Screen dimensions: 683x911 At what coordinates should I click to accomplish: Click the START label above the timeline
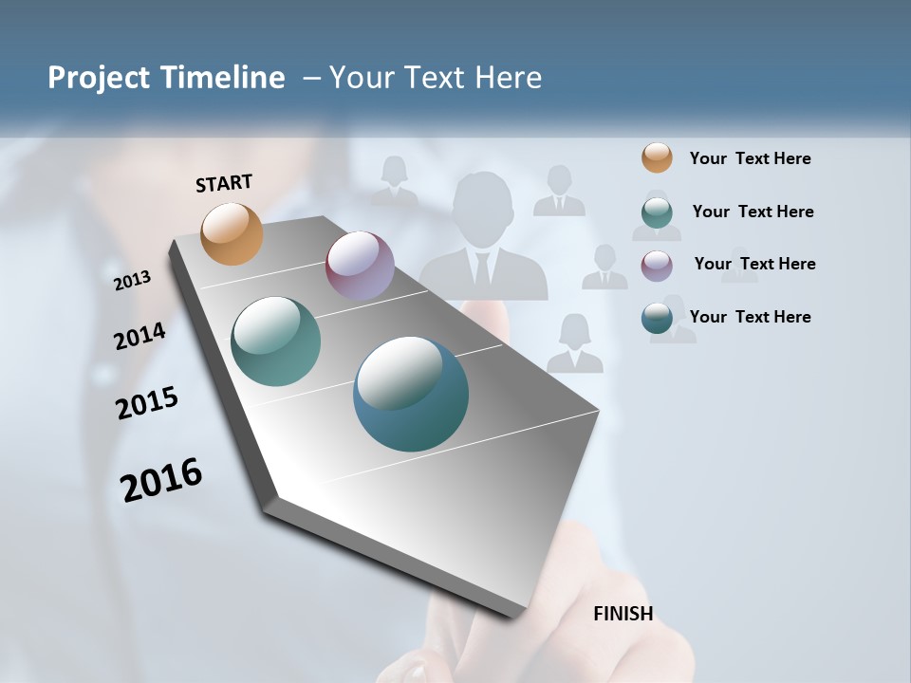pyautogui.click(x=224, y=182)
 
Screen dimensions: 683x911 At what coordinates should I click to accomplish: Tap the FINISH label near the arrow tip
pyautogui.click(x=623, y=614)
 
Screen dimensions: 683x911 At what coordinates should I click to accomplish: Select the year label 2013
pyautogui.click(x=133, y=281)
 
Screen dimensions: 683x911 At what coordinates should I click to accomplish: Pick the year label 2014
pyautogui.click(x=139, y=336)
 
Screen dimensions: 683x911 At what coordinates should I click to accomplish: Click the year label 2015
pyautogui.click(x=147, y=403)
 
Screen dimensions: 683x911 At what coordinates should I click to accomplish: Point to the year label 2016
pyautogui.click(x=161, y=479)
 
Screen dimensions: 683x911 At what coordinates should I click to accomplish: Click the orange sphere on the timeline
pyautogui.click(x=232, y=233)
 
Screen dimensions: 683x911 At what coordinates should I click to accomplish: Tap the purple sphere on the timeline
pyautogui.click(x=360, y=266)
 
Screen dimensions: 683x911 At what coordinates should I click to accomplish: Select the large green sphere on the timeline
pyautogui.click(x=275, y=341)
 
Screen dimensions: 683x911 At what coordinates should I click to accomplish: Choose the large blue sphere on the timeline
pyautogui.click(x=410, y=394)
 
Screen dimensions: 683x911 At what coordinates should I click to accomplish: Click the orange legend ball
pyautogui.click(x=657, y=158)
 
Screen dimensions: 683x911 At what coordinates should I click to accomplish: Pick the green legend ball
pyautogui.click(x=657, y=212)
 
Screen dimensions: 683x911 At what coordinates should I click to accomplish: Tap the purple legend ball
pyautogui.click(x=657, y=265)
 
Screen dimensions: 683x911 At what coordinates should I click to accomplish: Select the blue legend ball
pyautogui.click(x=657, y=318)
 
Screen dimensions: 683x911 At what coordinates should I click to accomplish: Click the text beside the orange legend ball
pyautogui.click(x=750, y=158)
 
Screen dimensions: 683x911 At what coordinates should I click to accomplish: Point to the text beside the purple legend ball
pyautogui.click(x=754, y=264)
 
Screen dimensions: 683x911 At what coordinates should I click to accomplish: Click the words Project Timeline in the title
pyautogui.click(x=166, y=78)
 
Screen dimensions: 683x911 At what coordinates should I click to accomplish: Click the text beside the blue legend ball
pyautogui.click(x=750, y=317)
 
